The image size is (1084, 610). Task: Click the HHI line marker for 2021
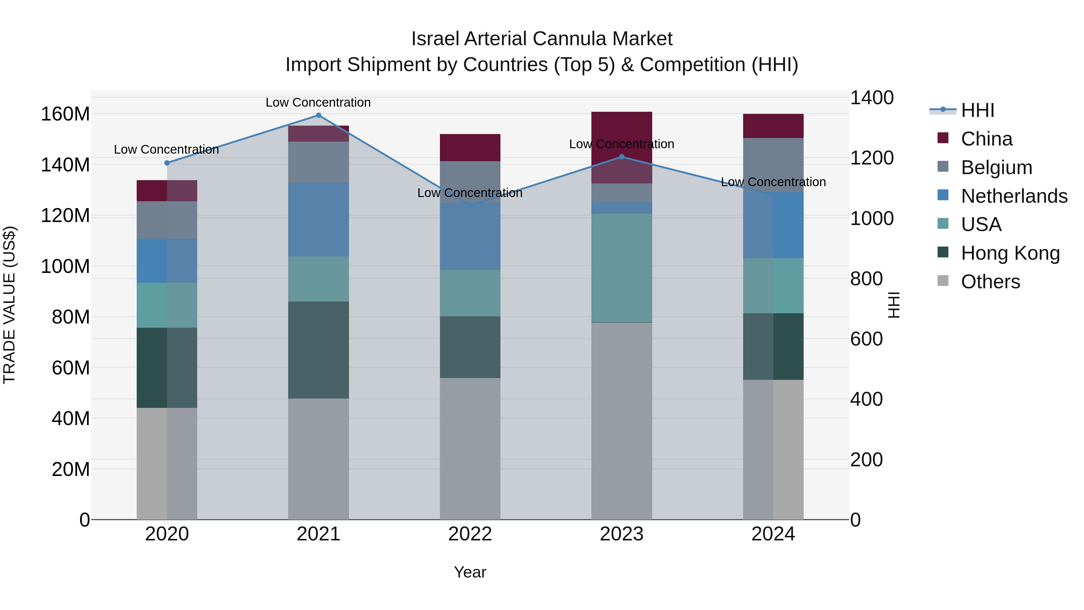(318, 115)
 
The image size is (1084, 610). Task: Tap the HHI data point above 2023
(621, 157)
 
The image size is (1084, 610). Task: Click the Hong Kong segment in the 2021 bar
(318, 350)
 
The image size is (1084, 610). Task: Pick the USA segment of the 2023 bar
(621, 268)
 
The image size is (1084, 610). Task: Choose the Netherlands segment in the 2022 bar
(470, 236)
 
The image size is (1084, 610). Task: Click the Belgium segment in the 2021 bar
(318, 162)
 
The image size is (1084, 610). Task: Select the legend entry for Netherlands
(1014, 196)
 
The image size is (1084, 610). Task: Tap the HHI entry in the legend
(977, 110)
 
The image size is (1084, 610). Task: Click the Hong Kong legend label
(1010, 253)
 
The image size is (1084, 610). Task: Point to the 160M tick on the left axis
(65, 114)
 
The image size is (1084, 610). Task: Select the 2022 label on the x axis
(470, 534)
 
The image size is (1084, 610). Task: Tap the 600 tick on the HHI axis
(866, 339)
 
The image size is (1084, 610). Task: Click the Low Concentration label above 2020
(166, 149)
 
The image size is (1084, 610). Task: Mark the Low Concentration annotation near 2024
(773, 182)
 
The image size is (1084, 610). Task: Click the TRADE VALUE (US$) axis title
(10, 305)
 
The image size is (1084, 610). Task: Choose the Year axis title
(470, 572)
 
